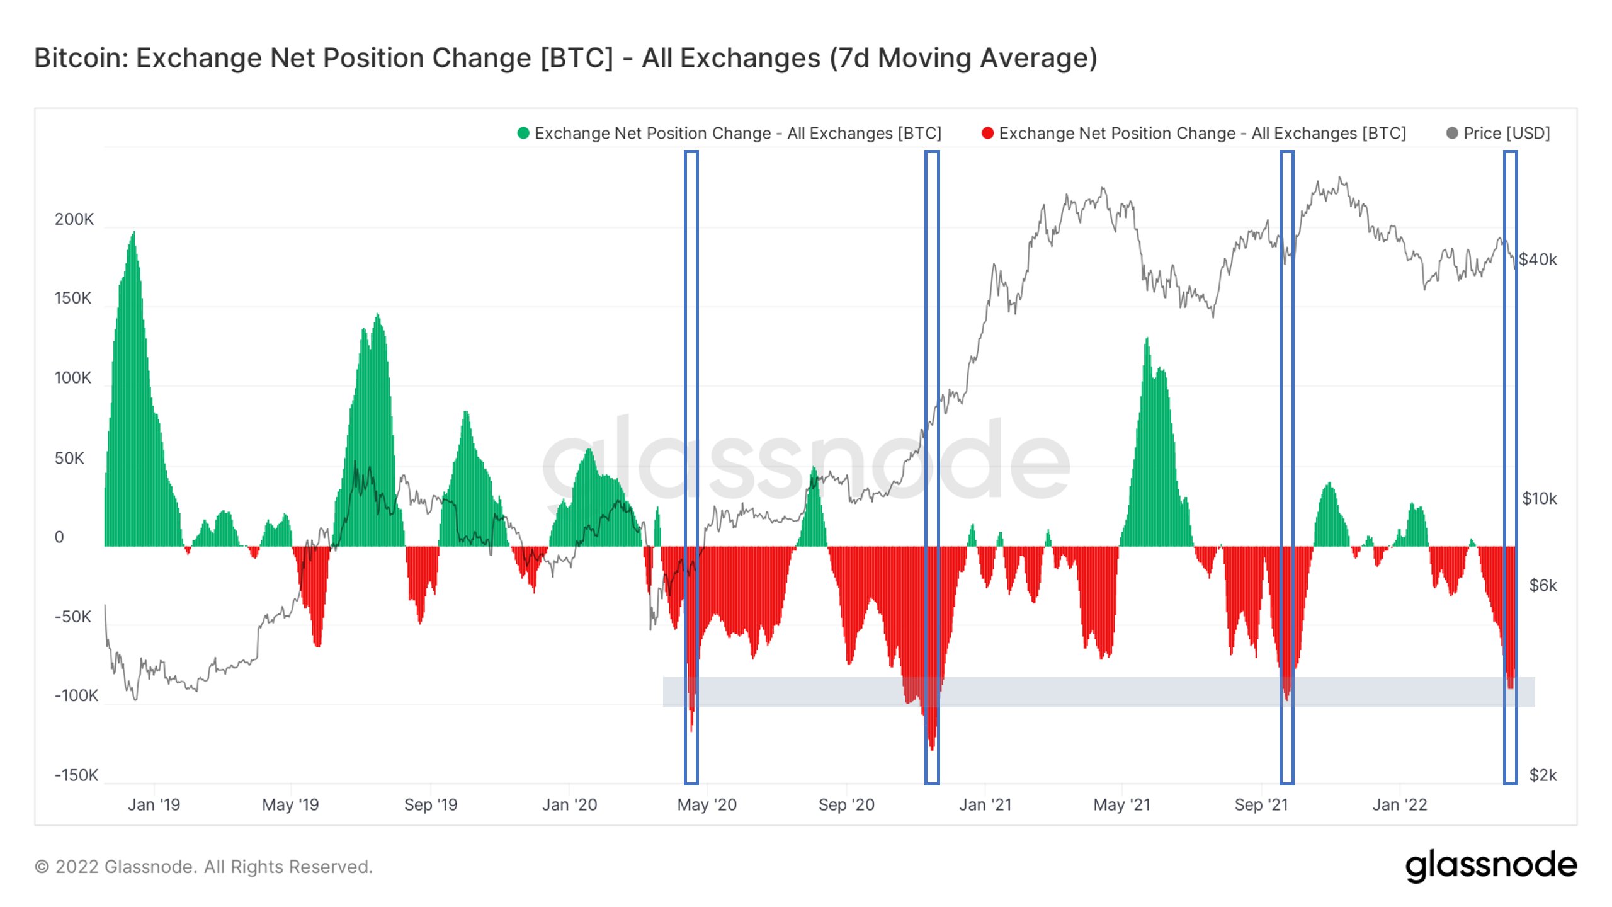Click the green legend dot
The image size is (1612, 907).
pyautogui.click(x=523, y=134)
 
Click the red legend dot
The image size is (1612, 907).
pyautogui.click(x=987, y=134)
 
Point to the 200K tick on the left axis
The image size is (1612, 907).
pyautogui.click(x=74, y=219)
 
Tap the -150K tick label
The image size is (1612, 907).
pyautogui.click(x=76, y=775)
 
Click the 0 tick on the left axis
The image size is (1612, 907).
pyautogui.click(x=59, y=537)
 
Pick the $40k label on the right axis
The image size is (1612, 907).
pyautogui.click(x=1537, y=260)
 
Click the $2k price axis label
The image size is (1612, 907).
pyautogui.click(x=1543, y=775)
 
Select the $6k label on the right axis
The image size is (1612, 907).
pyautogui.click(x=1543, y=586)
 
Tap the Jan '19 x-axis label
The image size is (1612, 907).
pyautogui.click(x=154, y=805)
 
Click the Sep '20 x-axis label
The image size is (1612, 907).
pyautogui.click(x=846, y=805)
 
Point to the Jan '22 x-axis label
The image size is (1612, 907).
pyautogui.click(x=1400, y=805)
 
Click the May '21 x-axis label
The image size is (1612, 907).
pyautogui.click(x=1122, y=805)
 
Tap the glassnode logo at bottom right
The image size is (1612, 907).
pyautogui.click(x=1491, y=866)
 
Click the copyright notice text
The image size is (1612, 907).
pyautogui.click(x=203, y=867)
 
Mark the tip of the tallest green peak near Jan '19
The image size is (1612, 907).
pyautogui.click(x=133, y=232)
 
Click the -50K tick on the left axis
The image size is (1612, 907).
pyautogui.click(x=73, y=617)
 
